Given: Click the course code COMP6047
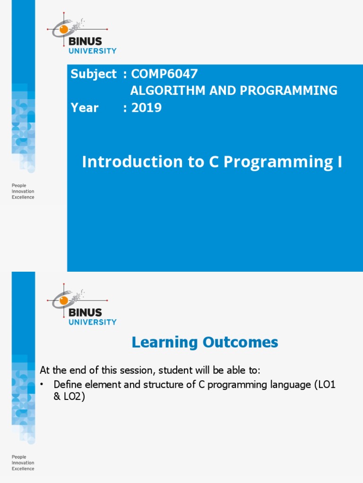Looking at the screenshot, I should [164, 74].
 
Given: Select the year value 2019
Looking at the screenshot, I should [147, 108].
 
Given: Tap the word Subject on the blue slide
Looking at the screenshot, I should [93, 74].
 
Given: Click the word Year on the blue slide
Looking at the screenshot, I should [85, 108].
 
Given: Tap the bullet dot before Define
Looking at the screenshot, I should [42, 385].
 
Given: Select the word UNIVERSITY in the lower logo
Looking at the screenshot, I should [93, 322].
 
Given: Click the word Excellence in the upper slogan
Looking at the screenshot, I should [23, 198].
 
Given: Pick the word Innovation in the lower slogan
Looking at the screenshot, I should [23, 463].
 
